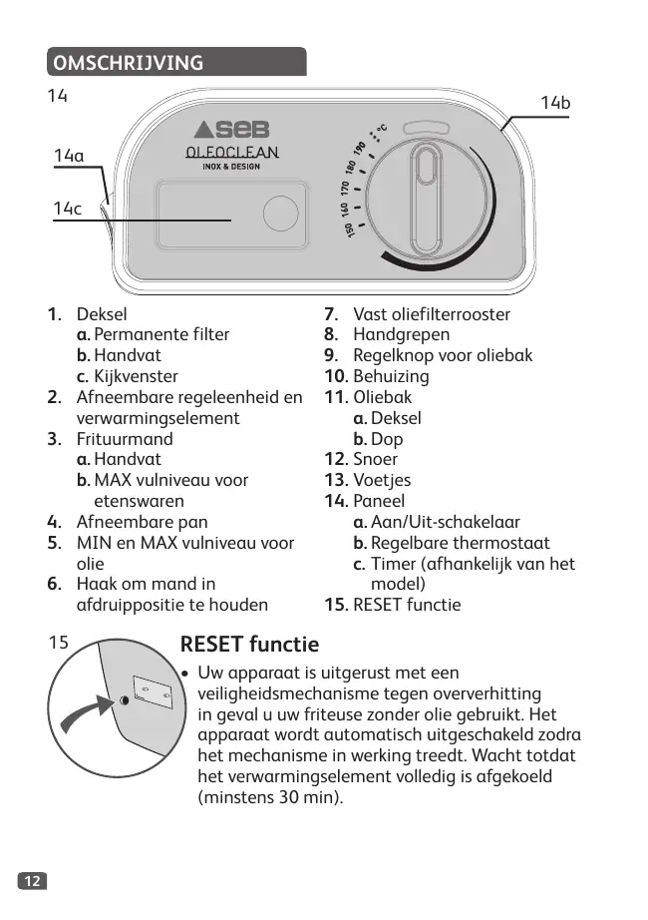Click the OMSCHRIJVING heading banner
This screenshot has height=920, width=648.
point(175,63)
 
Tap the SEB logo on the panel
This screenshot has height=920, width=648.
point(231,130)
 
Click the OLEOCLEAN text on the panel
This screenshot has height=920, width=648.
point(231,153)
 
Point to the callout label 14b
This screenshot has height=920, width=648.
point(554,104)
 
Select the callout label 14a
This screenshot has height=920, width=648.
point(69,156)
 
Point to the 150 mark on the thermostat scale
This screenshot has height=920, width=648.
point(350,231)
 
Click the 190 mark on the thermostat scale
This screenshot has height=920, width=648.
point(359,150)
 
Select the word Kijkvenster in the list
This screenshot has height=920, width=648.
point(136,376)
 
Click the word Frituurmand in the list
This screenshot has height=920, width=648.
point(125,439)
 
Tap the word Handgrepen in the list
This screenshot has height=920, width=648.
point(401,334)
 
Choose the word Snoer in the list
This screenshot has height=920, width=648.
point(375,459)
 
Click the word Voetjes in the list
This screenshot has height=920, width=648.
point(382,480)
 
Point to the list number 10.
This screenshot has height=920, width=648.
point(335,376)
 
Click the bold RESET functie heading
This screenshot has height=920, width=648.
point(249,644)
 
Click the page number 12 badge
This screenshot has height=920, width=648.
point(32,880)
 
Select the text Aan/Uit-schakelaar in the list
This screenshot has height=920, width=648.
point(446,522)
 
